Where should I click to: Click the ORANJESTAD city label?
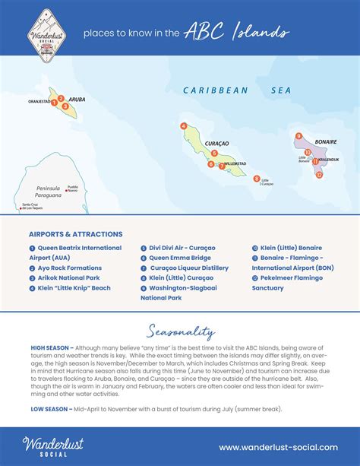(x=40, y=99)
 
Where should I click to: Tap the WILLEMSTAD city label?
(x=235, y=163)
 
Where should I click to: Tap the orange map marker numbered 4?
(x=183, y=125)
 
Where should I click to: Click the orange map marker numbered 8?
(x=257, y=179)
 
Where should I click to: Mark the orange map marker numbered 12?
(x=320, y=174)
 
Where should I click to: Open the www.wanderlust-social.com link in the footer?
(x=278, y=447)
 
